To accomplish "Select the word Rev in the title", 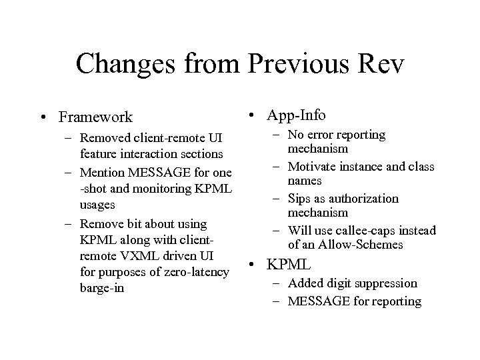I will tap(379, 64).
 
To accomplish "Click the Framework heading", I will tap(95, 117).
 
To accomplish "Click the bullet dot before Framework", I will tap(42, 118).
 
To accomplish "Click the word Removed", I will tap(106, 138).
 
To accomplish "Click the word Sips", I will tap(301, 198).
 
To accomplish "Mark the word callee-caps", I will tap(358, 231).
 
